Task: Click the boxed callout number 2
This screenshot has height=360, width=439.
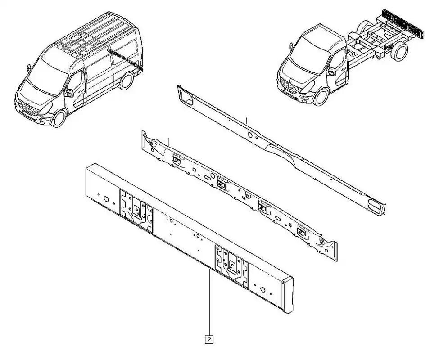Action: (209, 340)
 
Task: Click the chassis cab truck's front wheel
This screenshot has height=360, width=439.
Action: (321, 97)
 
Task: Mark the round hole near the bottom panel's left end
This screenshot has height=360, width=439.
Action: (106, 199)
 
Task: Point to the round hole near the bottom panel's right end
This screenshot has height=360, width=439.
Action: (262, 289)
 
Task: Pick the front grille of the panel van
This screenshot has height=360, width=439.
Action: (28, 108)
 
